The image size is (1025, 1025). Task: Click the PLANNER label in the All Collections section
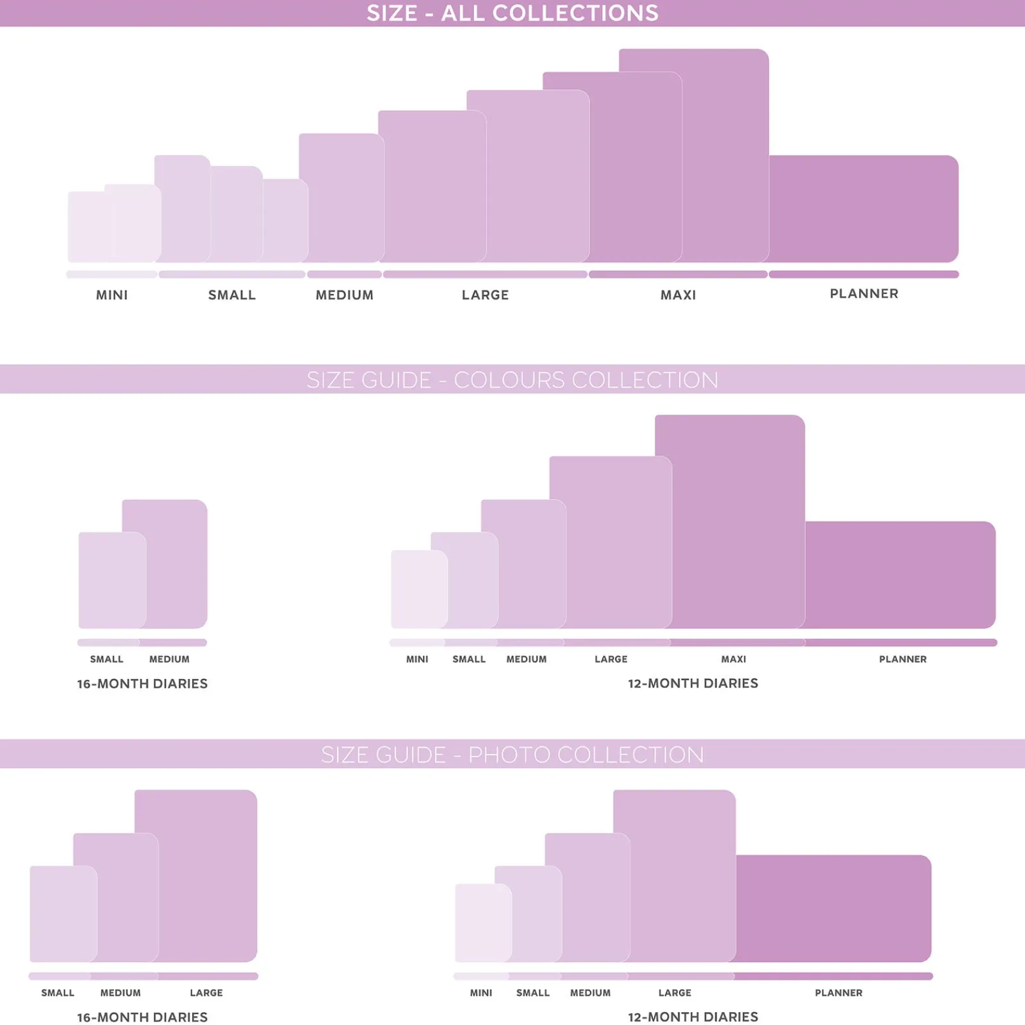(x=864, y=293)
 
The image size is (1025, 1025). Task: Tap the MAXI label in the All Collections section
(x=678, y=295)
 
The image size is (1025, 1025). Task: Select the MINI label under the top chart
(x=112, y=295)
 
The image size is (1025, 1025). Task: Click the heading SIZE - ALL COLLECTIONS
(x=512, y=13)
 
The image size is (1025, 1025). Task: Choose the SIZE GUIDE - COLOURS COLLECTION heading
(x=512, y=380)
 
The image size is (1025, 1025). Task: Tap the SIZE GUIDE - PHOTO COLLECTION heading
(x=512, y=755)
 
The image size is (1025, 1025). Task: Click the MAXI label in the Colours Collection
(x=734, y=659)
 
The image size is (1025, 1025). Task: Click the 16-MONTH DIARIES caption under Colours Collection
(x=142, y=684)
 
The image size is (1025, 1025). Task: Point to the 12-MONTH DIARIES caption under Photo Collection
(x=693, y=1017)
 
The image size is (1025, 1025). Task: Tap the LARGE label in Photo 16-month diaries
(x=206, y=993)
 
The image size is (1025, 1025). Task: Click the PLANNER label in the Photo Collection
(x=839, y=993)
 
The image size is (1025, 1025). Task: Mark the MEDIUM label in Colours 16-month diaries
(x=169, y=659)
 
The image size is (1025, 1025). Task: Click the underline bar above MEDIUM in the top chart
(x=345, y=274)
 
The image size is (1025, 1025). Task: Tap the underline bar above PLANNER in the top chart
(x=864, y=274)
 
